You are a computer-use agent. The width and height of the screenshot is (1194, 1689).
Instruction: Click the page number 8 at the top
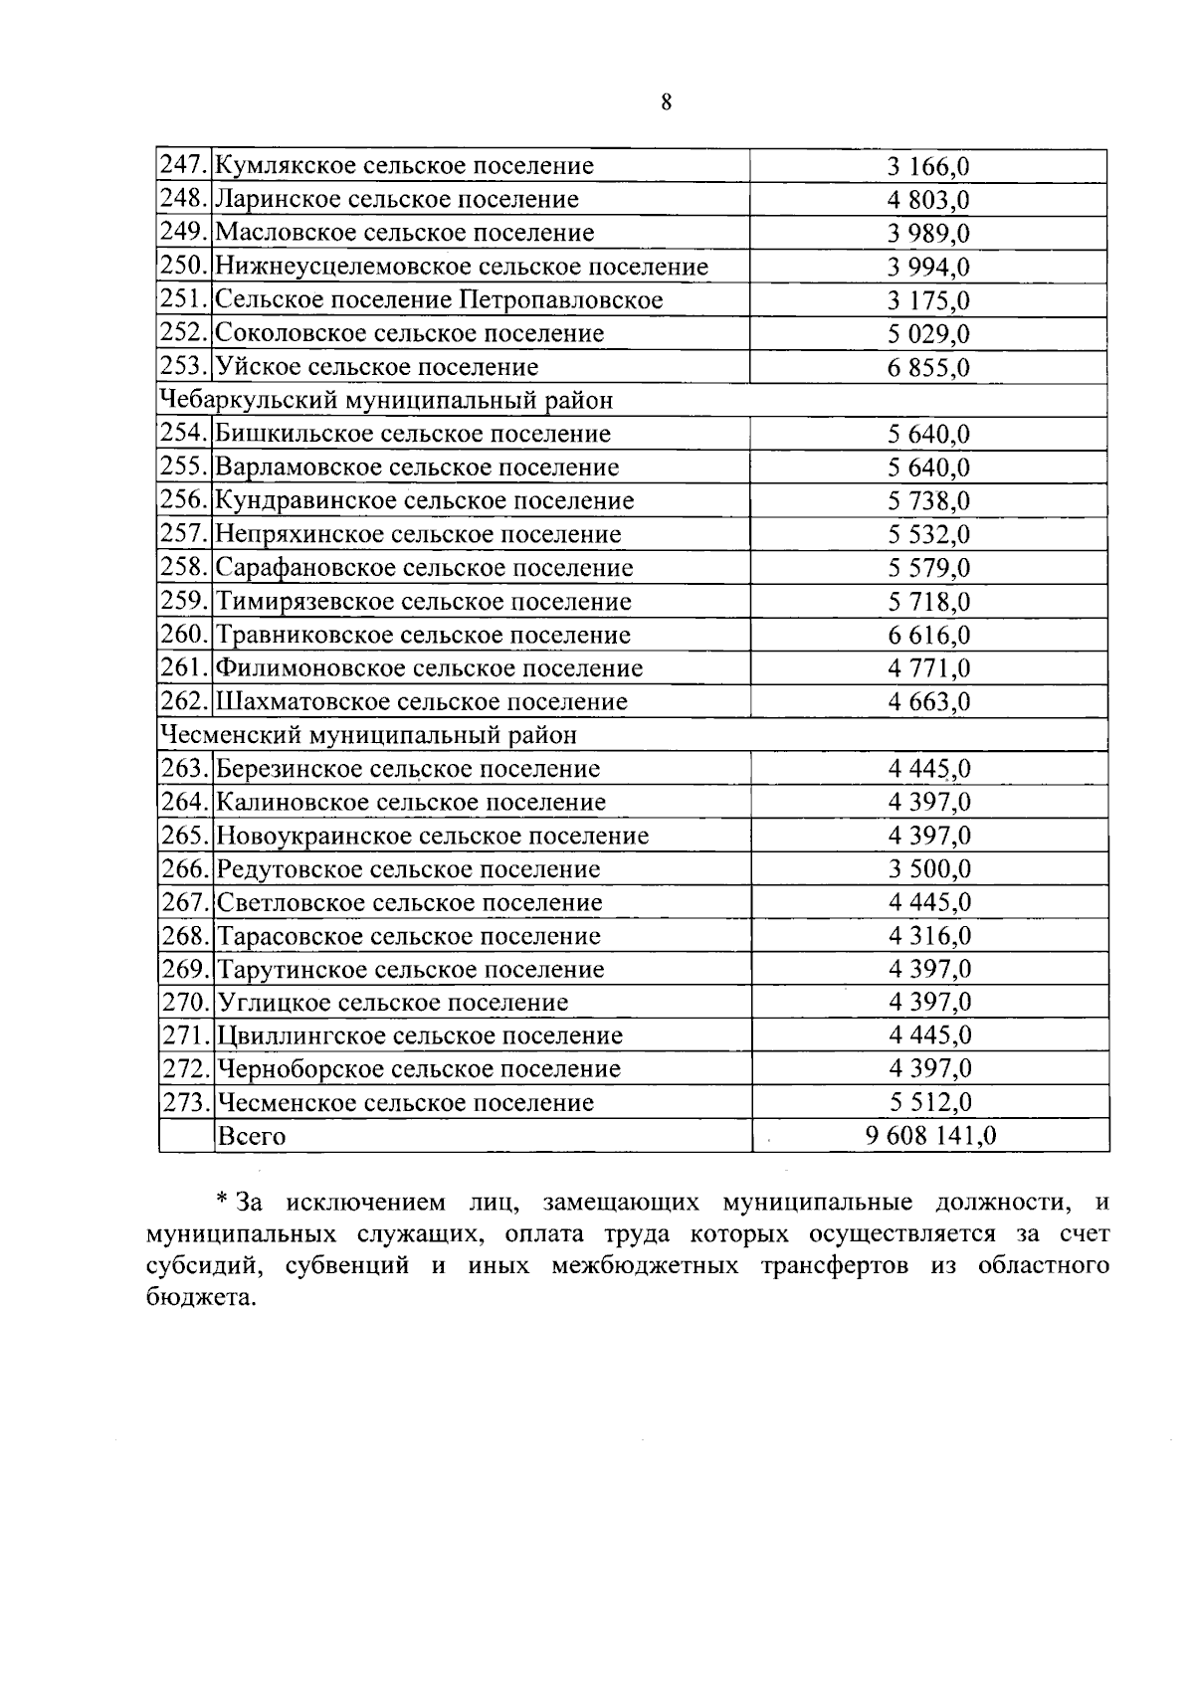(666, 101)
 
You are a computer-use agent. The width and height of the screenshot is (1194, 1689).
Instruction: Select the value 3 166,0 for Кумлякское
(928, 166)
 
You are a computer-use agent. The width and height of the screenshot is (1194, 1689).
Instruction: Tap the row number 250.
(185, 267)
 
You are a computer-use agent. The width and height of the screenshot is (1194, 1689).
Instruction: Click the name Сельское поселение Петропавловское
(439, 300)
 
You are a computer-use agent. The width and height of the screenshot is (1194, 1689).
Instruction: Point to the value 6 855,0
(928, 368)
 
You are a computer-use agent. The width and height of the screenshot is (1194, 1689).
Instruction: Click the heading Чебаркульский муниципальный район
(386, 401)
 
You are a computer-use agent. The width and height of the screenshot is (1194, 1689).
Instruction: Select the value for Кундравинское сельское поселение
(928, 501)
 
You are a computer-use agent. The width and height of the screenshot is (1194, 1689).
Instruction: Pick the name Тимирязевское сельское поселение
(424, 602)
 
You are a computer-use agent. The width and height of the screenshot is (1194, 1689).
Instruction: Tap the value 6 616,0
(928, 636)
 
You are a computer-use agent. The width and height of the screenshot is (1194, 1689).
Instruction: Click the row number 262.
(185, 702)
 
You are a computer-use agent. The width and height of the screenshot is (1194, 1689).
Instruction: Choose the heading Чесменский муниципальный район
(368, 735)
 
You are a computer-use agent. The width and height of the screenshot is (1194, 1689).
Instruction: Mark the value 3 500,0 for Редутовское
(928, 869)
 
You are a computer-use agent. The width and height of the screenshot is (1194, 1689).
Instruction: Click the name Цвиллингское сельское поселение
(420, 1036)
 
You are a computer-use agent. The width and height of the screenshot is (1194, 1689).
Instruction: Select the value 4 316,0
(928, 936)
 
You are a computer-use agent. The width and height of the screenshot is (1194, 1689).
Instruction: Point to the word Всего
(251, 1137)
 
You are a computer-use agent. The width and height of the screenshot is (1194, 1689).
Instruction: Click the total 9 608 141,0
(930, 1137)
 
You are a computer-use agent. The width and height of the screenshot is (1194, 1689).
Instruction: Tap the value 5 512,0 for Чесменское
(928, 1103)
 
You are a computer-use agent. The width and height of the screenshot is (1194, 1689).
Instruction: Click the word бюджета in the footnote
(199, 1298)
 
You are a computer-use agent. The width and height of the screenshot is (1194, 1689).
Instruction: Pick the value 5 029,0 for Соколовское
(928, 334)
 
